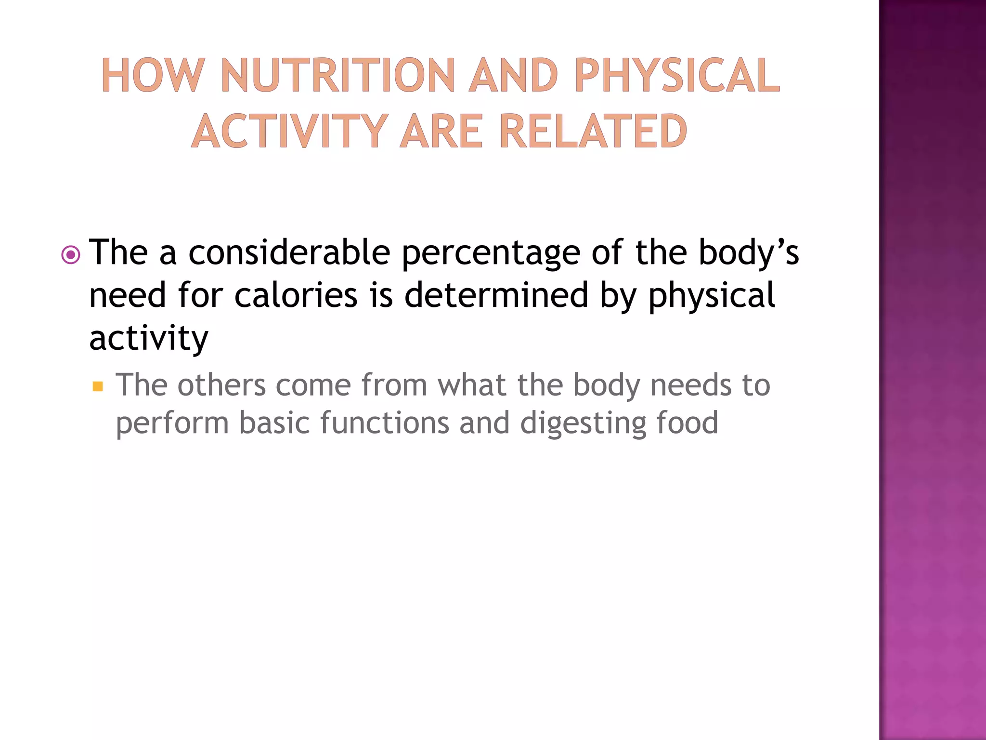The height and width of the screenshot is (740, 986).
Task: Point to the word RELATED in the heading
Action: click(x=593, y=131)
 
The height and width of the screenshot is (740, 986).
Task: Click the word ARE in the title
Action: click(x=441, y=131)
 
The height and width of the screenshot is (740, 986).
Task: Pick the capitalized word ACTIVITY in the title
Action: click(x=290, y=131)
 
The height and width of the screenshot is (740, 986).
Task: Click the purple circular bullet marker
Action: click(x=71, y=255)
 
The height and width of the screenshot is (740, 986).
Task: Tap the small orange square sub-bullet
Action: click(x=98, y=386)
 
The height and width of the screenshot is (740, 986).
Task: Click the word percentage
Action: click(x=491, y=254)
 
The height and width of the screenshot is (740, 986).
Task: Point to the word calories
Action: click(x=296, y=295)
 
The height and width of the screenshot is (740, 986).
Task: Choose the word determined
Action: click(x=496, y=295)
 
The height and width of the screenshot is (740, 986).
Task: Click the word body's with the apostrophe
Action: click(x=748, y=254)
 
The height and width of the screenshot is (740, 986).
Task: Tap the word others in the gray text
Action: click(x=221, y=385)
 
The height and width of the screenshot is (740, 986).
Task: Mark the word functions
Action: click(x=384, y=423)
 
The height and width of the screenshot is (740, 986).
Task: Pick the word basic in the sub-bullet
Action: click(x=274, y=423)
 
